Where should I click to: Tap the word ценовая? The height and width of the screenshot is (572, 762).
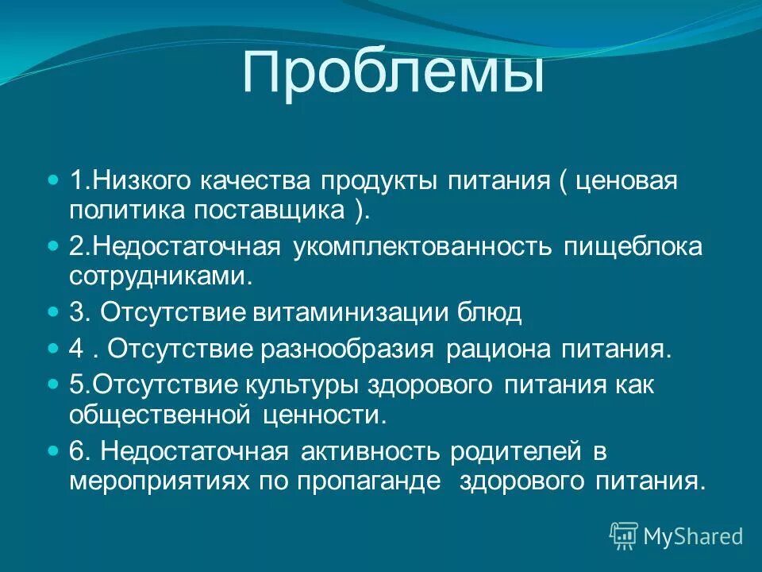tap(627, 181)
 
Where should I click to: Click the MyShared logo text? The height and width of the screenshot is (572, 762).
tap(692, 536)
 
